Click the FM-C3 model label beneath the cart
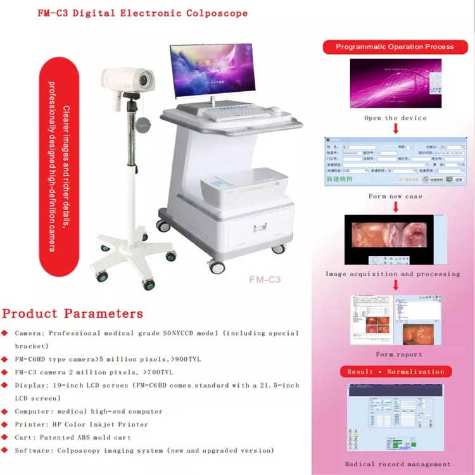pos(265,279)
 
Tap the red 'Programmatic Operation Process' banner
pos(395,47)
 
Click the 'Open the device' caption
pos(395,118)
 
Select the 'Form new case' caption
pos(395,196)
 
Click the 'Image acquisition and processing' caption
pos(393,274)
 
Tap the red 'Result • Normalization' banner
pos(396,372)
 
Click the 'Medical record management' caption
pos(398,464)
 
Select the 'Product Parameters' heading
pos(72,313)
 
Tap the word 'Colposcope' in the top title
pos(218,13)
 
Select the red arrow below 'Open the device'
pos(395,129)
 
